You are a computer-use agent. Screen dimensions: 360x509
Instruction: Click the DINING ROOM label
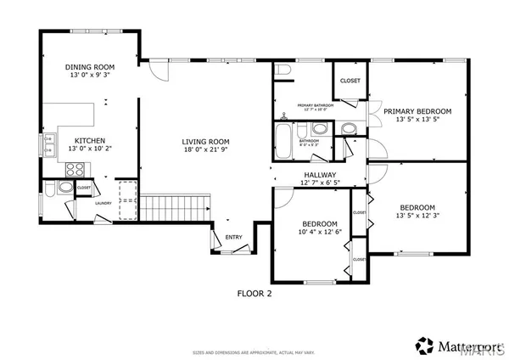[90, 67]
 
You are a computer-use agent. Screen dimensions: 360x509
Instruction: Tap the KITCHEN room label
[90, 140]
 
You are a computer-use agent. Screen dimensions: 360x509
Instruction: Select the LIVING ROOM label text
[207, 142]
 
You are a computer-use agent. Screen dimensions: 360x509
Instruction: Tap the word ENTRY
[233, 237]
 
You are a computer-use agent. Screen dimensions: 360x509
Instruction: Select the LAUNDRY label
[103, 203]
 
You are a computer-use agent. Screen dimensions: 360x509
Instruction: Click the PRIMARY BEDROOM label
[417, 111]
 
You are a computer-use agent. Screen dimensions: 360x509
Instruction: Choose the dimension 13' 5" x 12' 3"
[417, 217]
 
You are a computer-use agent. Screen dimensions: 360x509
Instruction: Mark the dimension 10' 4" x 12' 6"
[318, 232]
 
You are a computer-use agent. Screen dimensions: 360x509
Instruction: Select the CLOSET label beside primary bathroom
[350, 81]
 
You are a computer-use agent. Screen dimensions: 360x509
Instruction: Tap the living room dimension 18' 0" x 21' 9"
[207, 151]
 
